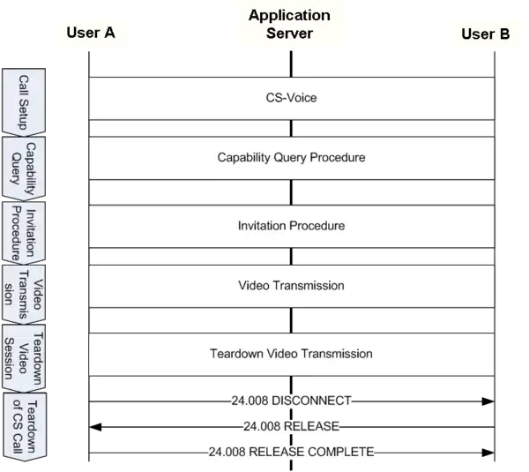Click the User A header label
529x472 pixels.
(90, 34)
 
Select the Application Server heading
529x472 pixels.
(289, 25)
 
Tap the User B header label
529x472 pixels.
(485, 34)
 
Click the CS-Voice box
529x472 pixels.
(291, 98)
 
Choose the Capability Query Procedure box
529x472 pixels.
(291, 158)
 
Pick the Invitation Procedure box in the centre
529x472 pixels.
(291, 226)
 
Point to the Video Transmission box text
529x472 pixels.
(291, 286)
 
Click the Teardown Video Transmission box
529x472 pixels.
(291, 354)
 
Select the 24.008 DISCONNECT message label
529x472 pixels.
(290, 401)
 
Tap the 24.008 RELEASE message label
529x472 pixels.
(290, 427)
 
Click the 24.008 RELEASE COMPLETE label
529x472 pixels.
(292, 453)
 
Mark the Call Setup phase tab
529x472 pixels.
(25, 97)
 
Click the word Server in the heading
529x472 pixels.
(289, 34)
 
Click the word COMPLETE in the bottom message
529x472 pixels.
(342, 453)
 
